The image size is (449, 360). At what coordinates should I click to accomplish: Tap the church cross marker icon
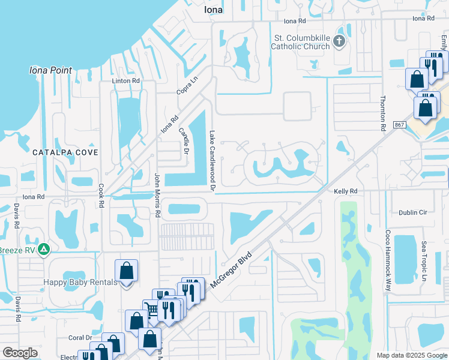339,41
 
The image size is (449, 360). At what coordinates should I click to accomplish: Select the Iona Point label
50,70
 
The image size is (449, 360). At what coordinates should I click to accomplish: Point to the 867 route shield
400,124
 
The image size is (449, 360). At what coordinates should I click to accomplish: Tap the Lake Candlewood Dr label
212,161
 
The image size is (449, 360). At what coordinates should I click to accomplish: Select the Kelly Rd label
345,191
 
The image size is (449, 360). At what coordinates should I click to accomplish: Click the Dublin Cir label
412,212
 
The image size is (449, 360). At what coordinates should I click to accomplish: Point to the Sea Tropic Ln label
423,262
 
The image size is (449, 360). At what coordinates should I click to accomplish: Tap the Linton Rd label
125,80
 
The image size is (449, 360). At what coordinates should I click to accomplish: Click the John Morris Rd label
157,196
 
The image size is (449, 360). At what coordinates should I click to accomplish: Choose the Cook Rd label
101,196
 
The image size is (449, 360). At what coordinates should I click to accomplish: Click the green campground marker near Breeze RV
43,248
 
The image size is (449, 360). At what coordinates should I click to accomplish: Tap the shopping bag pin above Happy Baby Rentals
127,272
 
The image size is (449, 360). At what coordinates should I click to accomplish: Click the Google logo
20,353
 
